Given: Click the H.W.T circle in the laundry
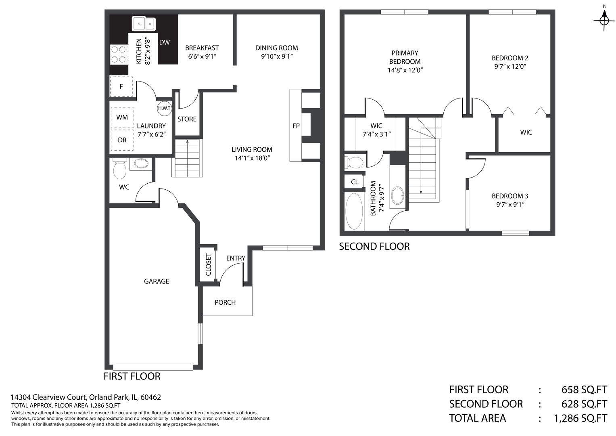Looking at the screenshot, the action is click(165, 108).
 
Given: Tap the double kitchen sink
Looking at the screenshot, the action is click(144, 24).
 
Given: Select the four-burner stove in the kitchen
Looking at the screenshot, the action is click(119, 54).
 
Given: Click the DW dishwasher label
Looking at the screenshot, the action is click(165, 42).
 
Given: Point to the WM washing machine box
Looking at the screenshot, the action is click(122, 117).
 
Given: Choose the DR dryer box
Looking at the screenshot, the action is click(122, 140).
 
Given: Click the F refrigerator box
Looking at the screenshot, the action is click(121, 87).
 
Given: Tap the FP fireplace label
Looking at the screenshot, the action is click(296, 126).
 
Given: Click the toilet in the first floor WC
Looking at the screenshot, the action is click(119, 168).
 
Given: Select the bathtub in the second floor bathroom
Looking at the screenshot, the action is click(354, 211).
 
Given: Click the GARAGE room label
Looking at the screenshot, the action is click(157, 281).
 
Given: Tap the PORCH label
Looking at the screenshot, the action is click(225, 302).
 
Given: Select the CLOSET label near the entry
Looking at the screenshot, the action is click(208, 265).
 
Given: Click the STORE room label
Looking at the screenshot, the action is click(187, 119).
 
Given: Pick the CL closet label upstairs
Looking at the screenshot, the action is click(355, 182).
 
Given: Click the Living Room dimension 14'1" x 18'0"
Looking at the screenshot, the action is click(252, 158).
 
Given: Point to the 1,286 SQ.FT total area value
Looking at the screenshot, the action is click(581, 418).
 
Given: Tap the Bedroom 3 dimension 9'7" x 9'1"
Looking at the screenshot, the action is click(510, 205).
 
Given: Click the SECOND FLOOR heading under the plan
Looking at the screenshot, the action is click(374, 246).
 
